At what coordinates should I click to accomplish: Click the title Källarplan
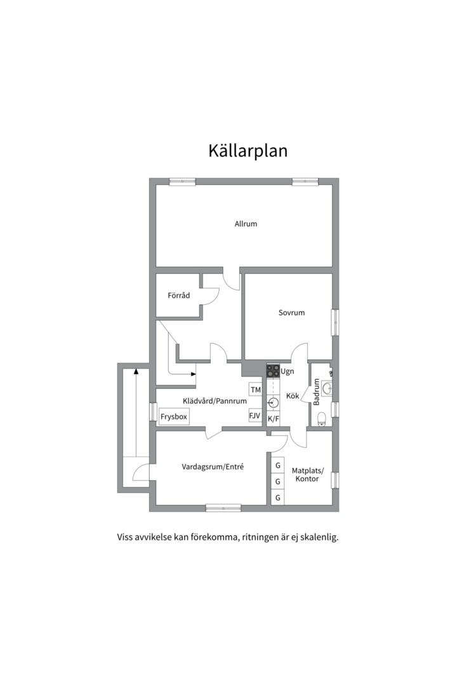click(248, 151)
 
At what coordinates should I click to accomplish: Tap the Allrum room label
click(246, 224)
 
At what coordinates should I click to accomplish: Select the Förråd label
click(179, 295)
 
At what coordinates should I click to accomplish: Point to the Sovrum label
click(291, 313)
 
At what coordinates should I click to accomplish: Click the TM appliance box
click(255, 389)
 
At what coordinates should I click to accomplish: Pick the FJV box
click(255, 416)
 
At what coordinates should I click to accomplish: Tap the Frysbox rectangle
click(174, 417)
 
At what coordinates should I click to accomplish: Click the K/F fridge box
click(273, 419)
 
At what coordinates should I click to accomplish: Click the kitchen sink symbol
click(273, 402)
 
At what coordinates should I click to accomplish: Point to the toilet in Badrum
click(322, 417)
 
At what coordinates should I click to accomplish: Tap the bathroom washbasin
click(328, 387)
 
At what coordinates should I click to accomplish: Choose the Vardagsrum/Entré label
click(213, 467)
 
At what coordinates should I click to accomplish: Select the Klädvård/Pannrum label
click(215, 401)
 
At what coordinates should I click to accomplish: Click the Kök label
click(293, 396)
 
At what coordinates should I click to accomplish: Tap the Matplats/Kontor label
click(308, 474)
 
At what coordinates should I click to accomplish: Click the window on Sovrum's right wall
click(334, 321)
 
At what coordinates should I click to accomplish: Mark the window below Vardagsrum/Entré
click(223, 508)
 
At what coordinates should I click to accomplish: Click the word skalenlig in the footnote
click(319, 537)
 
